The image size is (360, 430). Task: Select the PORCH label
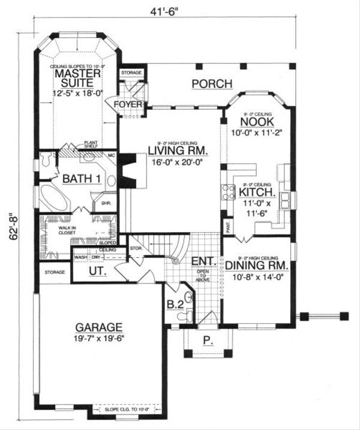coord(208,83)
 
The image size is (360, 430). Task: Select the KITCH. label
coord(257,193)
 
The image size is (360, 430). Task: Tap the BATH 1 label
coord(80,178)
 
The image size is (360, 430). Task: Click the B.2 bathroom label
coord(175,304)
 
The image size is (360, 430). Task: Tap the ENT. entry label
coord(201,261)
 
